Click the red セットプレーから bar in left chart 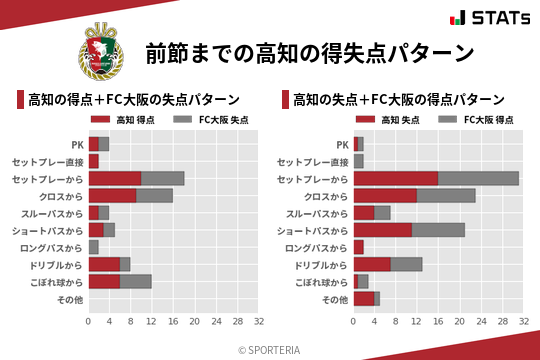[115, 178]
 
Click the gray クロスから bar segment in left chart [154, 195]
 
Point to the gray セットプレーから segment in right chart [478, 178]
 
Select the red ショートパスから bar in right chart [382, 230]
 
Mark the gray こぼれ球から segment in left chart [136, 281]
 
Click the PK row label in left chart [77, 144]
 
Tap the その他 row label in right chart [334, 299]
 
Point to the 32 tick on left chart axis [259, 322]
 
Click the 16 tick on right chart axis [438, 322]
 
